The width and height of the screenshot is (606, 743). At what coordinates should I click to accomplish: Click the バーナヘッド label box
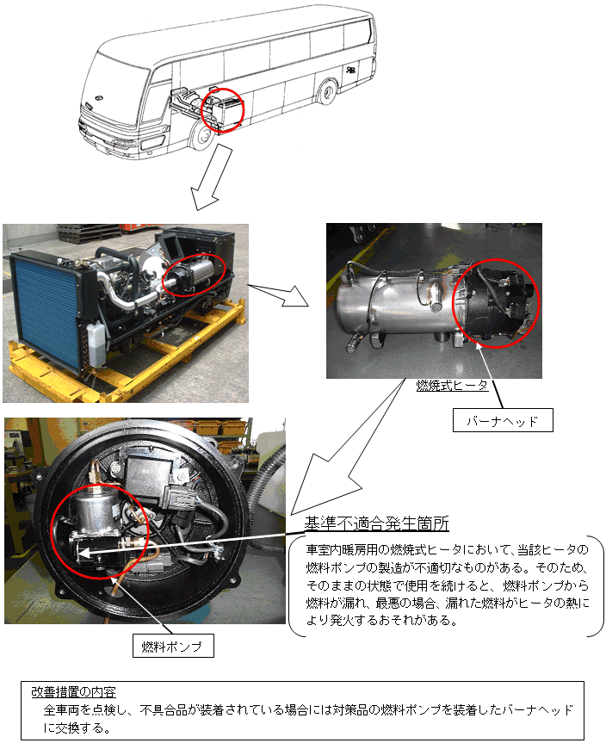503,420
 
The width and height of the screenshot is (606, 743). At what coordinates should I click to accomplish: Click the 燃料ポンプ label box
173,646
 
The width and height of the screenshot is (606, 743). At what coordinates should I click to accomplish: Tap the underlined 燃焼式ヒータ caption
452,385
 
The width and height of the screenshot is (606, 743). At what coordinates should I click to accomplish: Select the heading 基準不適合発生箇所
377,523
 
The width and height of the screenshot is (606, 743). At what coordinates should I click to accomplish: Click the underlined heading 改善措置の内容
73,692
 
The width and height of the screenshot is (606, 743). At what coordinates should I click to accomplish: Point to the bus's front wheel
201,135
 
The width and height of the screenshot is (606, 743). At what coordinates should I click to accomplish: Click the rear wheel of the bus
327,92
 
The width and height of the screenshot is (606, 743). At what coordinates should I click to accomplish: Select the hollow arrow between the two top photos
277,294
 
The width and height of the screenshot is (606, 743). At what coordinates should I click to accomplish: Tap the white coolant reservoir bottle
97,344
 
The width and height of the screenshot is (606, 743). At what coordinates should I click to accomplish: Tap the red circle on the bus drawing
222,109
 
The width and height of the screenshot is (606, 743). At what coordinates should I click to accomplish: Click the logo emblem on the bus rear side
350,70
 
